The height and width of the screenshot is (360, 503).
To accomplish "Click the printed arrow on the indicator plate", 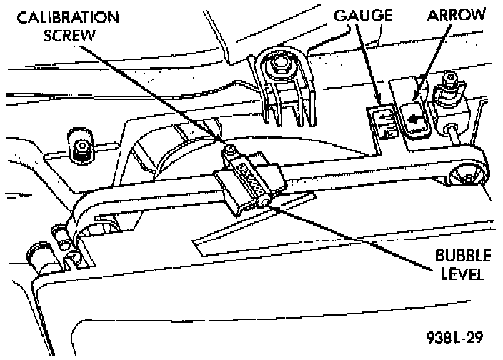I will point(413,114).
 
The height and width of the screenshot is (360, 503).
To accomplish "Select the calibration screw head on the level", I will point(231,152).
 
